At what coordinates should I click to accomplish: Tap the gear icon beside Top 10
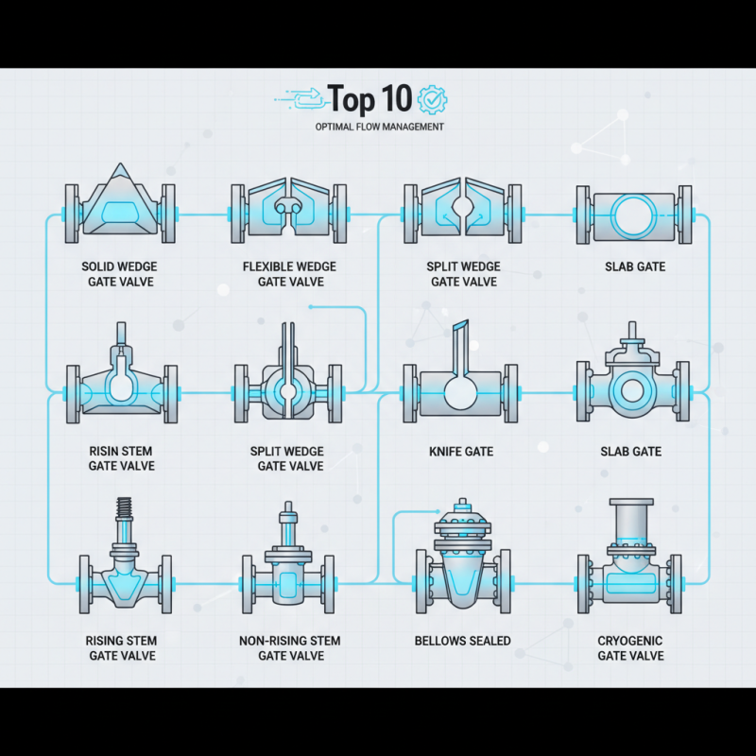click(x=432, y=98)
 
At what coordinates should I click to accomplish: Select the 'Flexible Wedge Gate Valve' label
click(x=290, y=274)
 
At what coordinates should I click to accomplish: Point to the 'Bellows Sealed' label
click(x=462, y=641)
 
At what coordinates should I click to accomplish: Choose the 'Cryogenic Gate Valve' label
click(x=630, y=648)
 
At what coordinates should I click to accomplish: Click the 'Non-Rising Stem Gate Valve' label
click(x=290, y=648)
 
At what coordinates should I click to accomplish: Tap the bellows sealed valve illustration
click(x=462, y=562)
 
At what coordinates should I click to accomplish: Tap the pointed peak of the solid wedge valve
click(x=121, y=170)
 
